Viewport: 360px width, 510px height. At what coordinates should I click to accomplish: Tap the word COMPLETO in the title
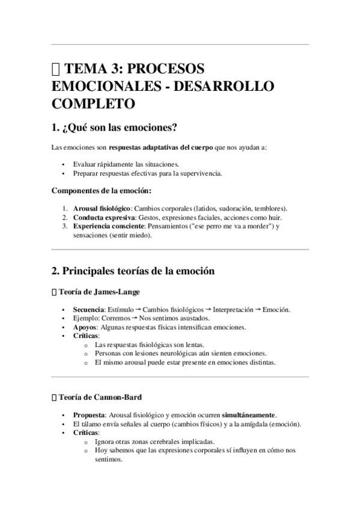pos(93,103)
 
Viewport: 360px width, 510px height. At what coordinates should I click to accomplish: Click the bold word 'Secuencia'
pos(88,309)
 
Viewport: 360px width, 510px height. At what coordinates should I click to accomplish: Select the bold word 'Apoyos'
pos(85,327)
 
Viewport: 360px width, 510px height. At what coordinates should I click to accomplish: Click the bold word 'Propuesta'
pos(89,415)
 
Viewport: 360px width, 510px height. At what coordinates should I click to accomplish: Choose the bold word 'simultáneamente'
pos(248,415)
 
